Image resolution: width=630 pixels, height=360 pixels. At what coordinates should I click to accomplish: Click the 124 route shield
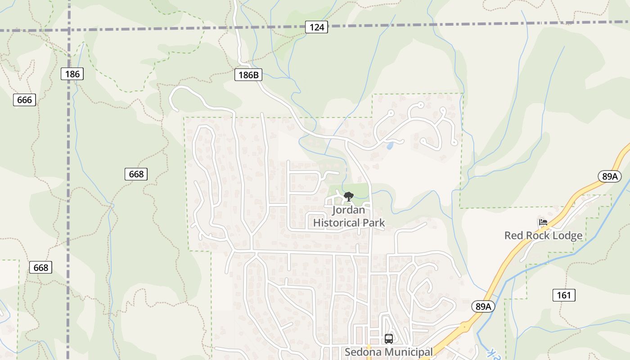[316, 27]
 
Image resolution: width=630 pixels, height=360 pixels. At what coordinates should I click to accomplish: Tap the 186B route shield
[248, 75]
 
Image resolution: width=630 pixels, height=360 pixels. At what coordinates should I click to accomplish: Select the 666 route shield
[24, 99]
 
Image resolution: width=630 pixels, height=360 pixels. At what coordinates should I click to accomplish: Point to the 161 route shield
[563, 295]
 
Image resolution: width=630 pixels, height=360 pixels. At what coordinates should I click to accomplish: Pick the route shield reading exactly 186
[72, 74]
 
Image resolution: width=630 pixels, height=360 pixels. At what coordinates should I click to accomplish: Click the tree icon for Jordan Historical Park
[348, 196]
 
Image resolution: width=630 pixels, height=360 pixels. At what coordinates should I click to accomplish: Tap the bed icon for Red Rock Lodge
[543, 222]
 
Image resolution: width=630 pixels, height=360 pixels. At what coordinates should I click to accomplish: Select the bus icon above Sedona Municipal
[389, 338]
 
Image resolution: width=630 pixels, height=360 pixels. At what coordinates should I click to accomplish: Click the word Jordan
[348, 210]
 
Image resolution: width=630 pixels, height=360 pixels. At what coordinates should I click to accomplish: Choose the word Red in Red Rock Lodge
[513, 235]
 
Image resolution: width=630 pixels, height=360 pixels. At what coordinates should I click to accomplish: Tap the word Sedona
[363, 352]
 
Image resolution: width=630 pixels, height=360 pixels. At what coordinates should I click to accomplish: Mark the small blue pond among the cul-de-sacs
[390, 146]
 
